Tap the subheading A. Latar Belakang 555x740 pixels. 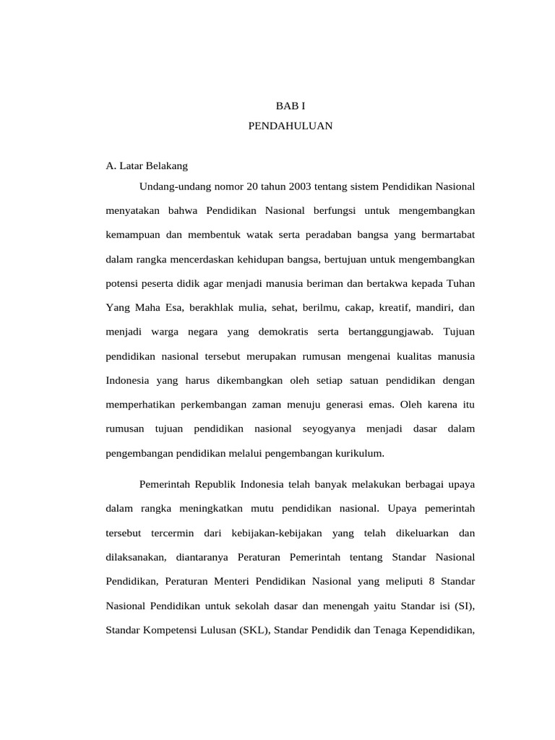(147, 165)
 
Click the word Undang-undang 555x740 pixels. (171, 186)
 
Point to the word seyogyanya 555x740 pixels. (330, 429)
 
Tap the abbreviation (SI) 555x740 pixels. (464, 606)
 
